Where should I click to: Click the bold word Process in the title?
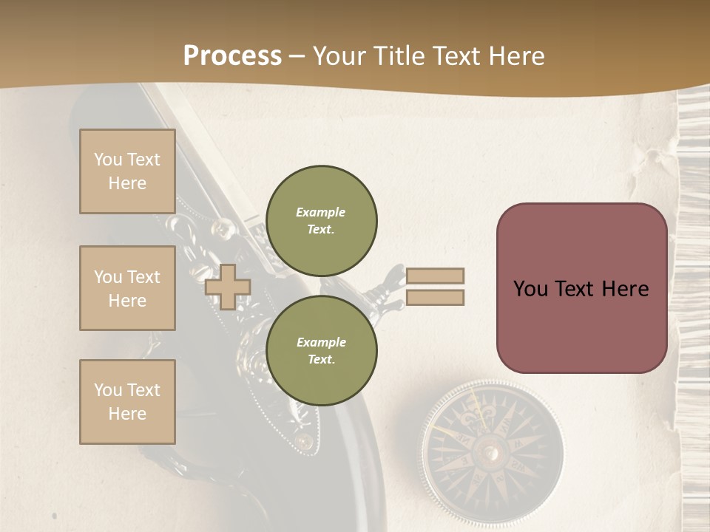232,56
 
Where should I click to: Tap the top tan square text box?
127,171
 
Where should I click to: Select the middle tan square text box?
127,288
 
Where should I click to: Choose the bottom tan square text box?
127,402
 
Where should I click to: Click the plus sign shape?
227,287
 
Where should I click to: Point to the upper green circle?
322,221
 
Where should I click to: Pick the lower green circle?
322,351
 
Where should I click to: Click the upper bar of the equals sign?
435,276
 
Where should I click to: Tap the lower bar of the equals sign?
435,298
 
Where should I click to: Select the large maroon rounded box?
581,288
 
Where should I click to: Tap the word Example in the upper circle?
321,212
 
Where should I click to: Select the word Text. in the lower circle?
321,359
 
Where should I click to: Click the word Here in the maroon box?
625,289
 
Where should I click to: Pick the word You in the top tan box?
108,160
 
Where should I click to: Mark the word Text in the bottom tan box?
143,390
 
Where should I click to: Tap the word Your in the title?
339,56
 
